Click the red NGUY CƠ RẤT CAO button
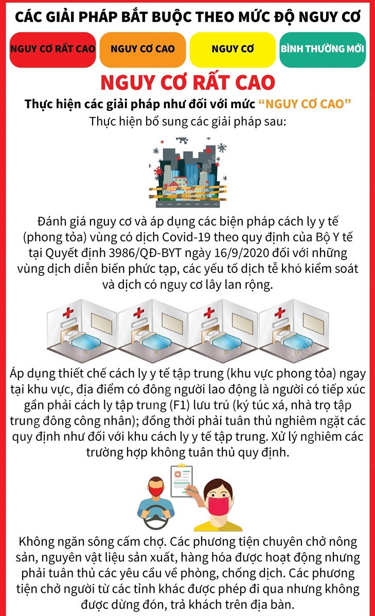point(53,49)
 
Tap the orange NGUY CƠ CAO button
point(142,49)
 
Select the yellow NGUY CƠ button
point(233,49)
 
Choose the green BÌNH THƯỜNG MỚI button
point(323,49)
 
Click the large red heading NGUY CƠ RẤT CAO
point(187,82)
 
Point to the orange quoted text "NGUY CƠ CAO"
point(305,104)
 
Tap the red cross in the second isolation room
point(138,312)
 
